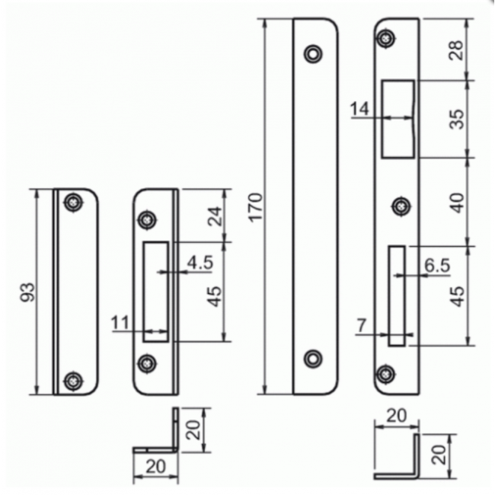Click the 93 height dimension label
pos(27,292)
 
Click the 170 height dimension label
pos(255,207)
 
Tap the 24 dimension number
pos(215,216)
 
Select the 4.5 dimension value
pos(200,262)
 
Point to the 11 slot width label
pos(120,323)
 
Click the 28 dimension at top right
pos(456,49)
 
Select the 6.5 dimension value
pos(437,266)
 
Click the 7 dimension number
pos(362,325)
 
